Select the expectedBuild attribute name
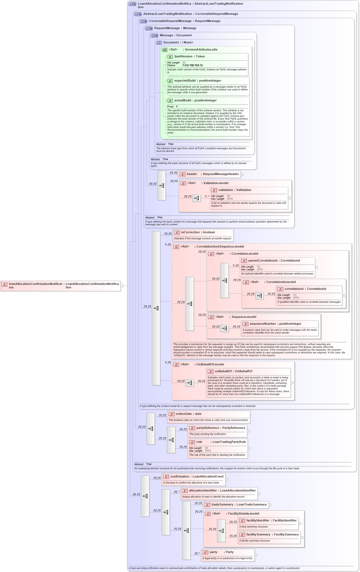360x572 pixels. pos(185,81)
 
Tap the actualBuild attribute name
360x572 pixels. pos(182,101)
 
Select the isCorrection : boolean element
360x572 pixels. pos(198,232)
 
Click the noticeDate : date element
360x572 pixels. pos(189,414)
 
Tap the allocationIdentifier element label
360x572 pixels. pos(203,491)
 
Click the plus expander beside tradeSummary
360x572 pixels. pos(270,505)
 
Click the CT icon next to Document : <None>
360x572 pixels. pos(159,43)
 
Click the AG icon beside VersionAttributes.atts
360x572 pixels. pos(164,50)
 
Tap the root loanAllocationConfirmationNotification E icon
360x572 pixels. pos(4,284)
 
